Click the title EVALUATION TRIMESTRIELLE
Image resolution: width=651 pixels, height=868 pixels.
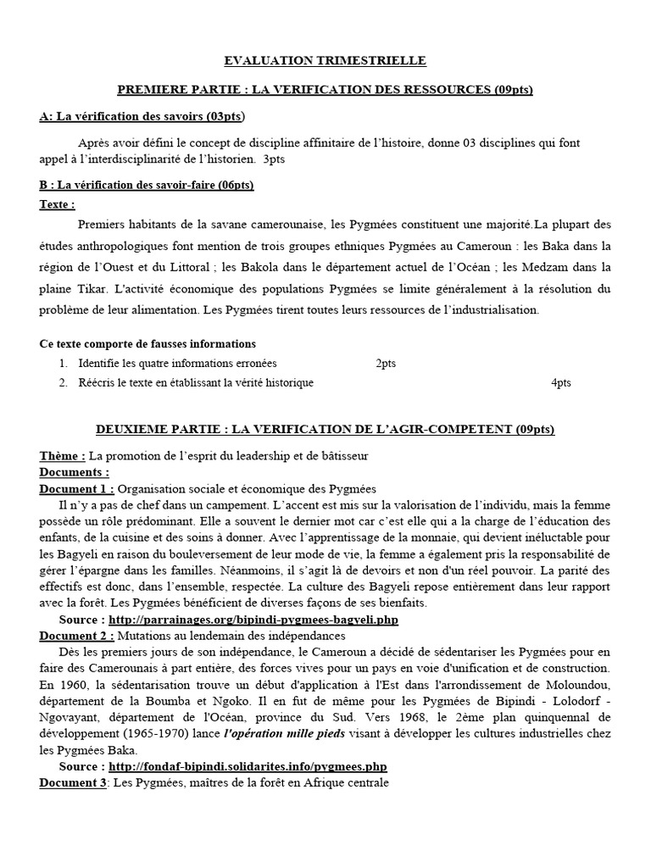point(325,61)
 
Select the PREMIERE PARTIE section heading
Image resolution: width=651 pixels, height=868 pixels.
point(325,89)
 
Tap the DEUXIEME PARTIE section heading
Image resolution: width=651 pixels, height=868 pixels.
point(325,430)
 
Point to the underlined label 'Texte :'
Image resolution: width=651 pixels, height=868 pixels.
point(58,204)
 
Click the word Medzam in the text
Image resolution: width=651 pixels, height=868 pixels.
point(539,267)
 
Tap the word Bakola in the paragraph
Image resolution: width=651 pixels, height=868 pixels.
point(245,267)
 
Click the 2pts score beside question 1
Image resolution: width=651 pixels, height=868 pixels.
point(386,364)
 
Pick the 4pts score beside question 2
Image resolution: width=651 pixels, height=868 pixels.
point(561,383)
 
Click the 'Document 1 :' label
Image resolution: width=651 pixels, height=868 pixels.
point(76,490)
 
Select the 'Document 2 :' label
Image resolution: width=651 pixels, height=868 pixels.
point(76,635)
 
